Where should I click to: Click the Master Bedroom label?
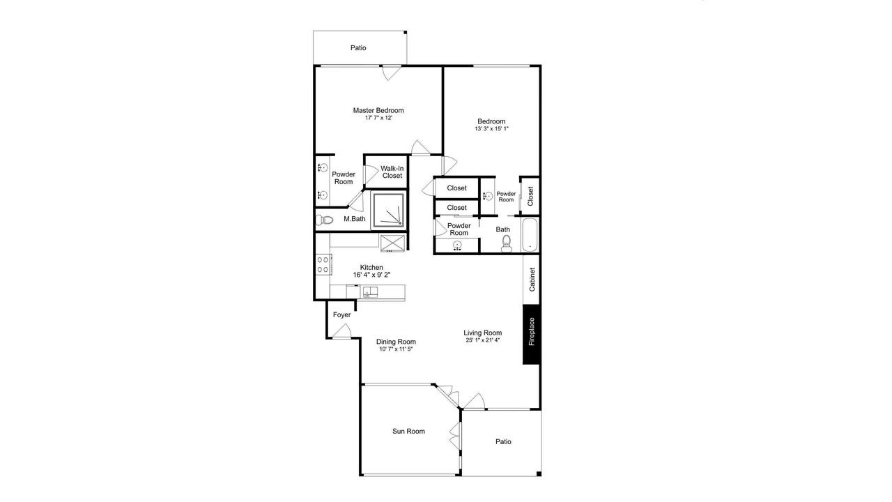click(x=378, y=110)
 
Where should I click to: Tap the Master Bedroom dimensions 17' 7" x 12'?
click(x=378, y=118)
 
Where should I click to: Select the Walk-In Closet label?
click(x=392, y=172)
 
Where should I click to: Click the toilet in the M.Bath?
click(x=324, y=220)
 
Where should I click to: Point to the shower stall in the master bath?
click(x=388, y=211)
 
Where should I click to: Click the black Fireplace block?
click(x=531, y=334)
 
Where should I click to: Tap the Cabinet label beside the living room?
click(x=532, y=280)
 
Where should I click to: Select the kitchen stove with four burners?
click(x=323, y=264)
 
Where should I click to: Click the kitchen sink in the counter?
click(x=370, y=292)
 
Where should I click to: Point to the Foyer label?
click(x=341, y=314)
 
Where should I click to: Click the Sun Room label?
click(x=408, y=431)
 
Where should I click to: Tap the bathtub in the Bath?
click(x=530, y=235)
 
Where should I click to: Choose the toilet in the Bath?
click(x=506, y=244)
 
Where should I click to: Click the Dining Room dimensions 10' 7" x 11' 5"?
click(x=396, y=349)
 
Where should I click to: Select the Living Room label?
click(x=483, y=333)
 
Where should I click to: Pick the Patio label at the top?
click(x=358, y=48)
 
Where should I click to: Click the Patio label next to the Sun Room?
click(x=503, y=441)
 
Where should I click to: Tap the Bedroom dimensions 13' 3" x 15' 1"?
click(x=491, y=129)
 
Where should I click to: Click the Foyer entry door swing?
click(x=342, y=331)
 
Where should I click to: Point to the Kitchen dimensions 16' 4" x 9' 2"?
click(x=371, y=275)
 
